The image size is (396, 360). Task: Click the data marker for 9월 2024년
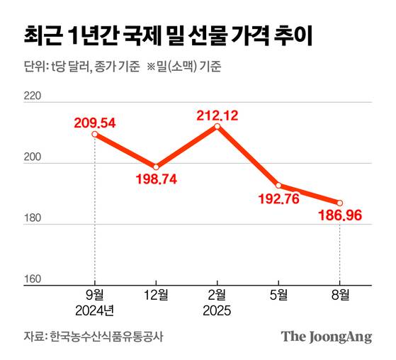click(95, 134)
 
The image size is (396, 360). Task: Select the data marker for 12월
click(156, 167)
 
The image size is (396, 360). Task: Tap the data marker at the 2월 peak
click(217, 126)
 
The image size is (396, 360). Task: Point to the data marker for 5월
click(278, 185)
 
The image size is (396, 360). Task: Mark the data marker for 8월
click(340, 203)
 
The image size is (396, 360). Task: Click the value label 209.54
click(95, 121)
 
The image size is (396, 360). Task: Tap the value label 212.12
click(217, 112)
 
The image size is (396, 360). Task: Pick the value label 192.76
click(278, 200)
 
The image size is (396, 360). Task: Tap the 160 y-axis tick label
click(33, 279)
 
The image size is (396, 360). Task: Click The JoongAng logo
click(326, 337)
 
